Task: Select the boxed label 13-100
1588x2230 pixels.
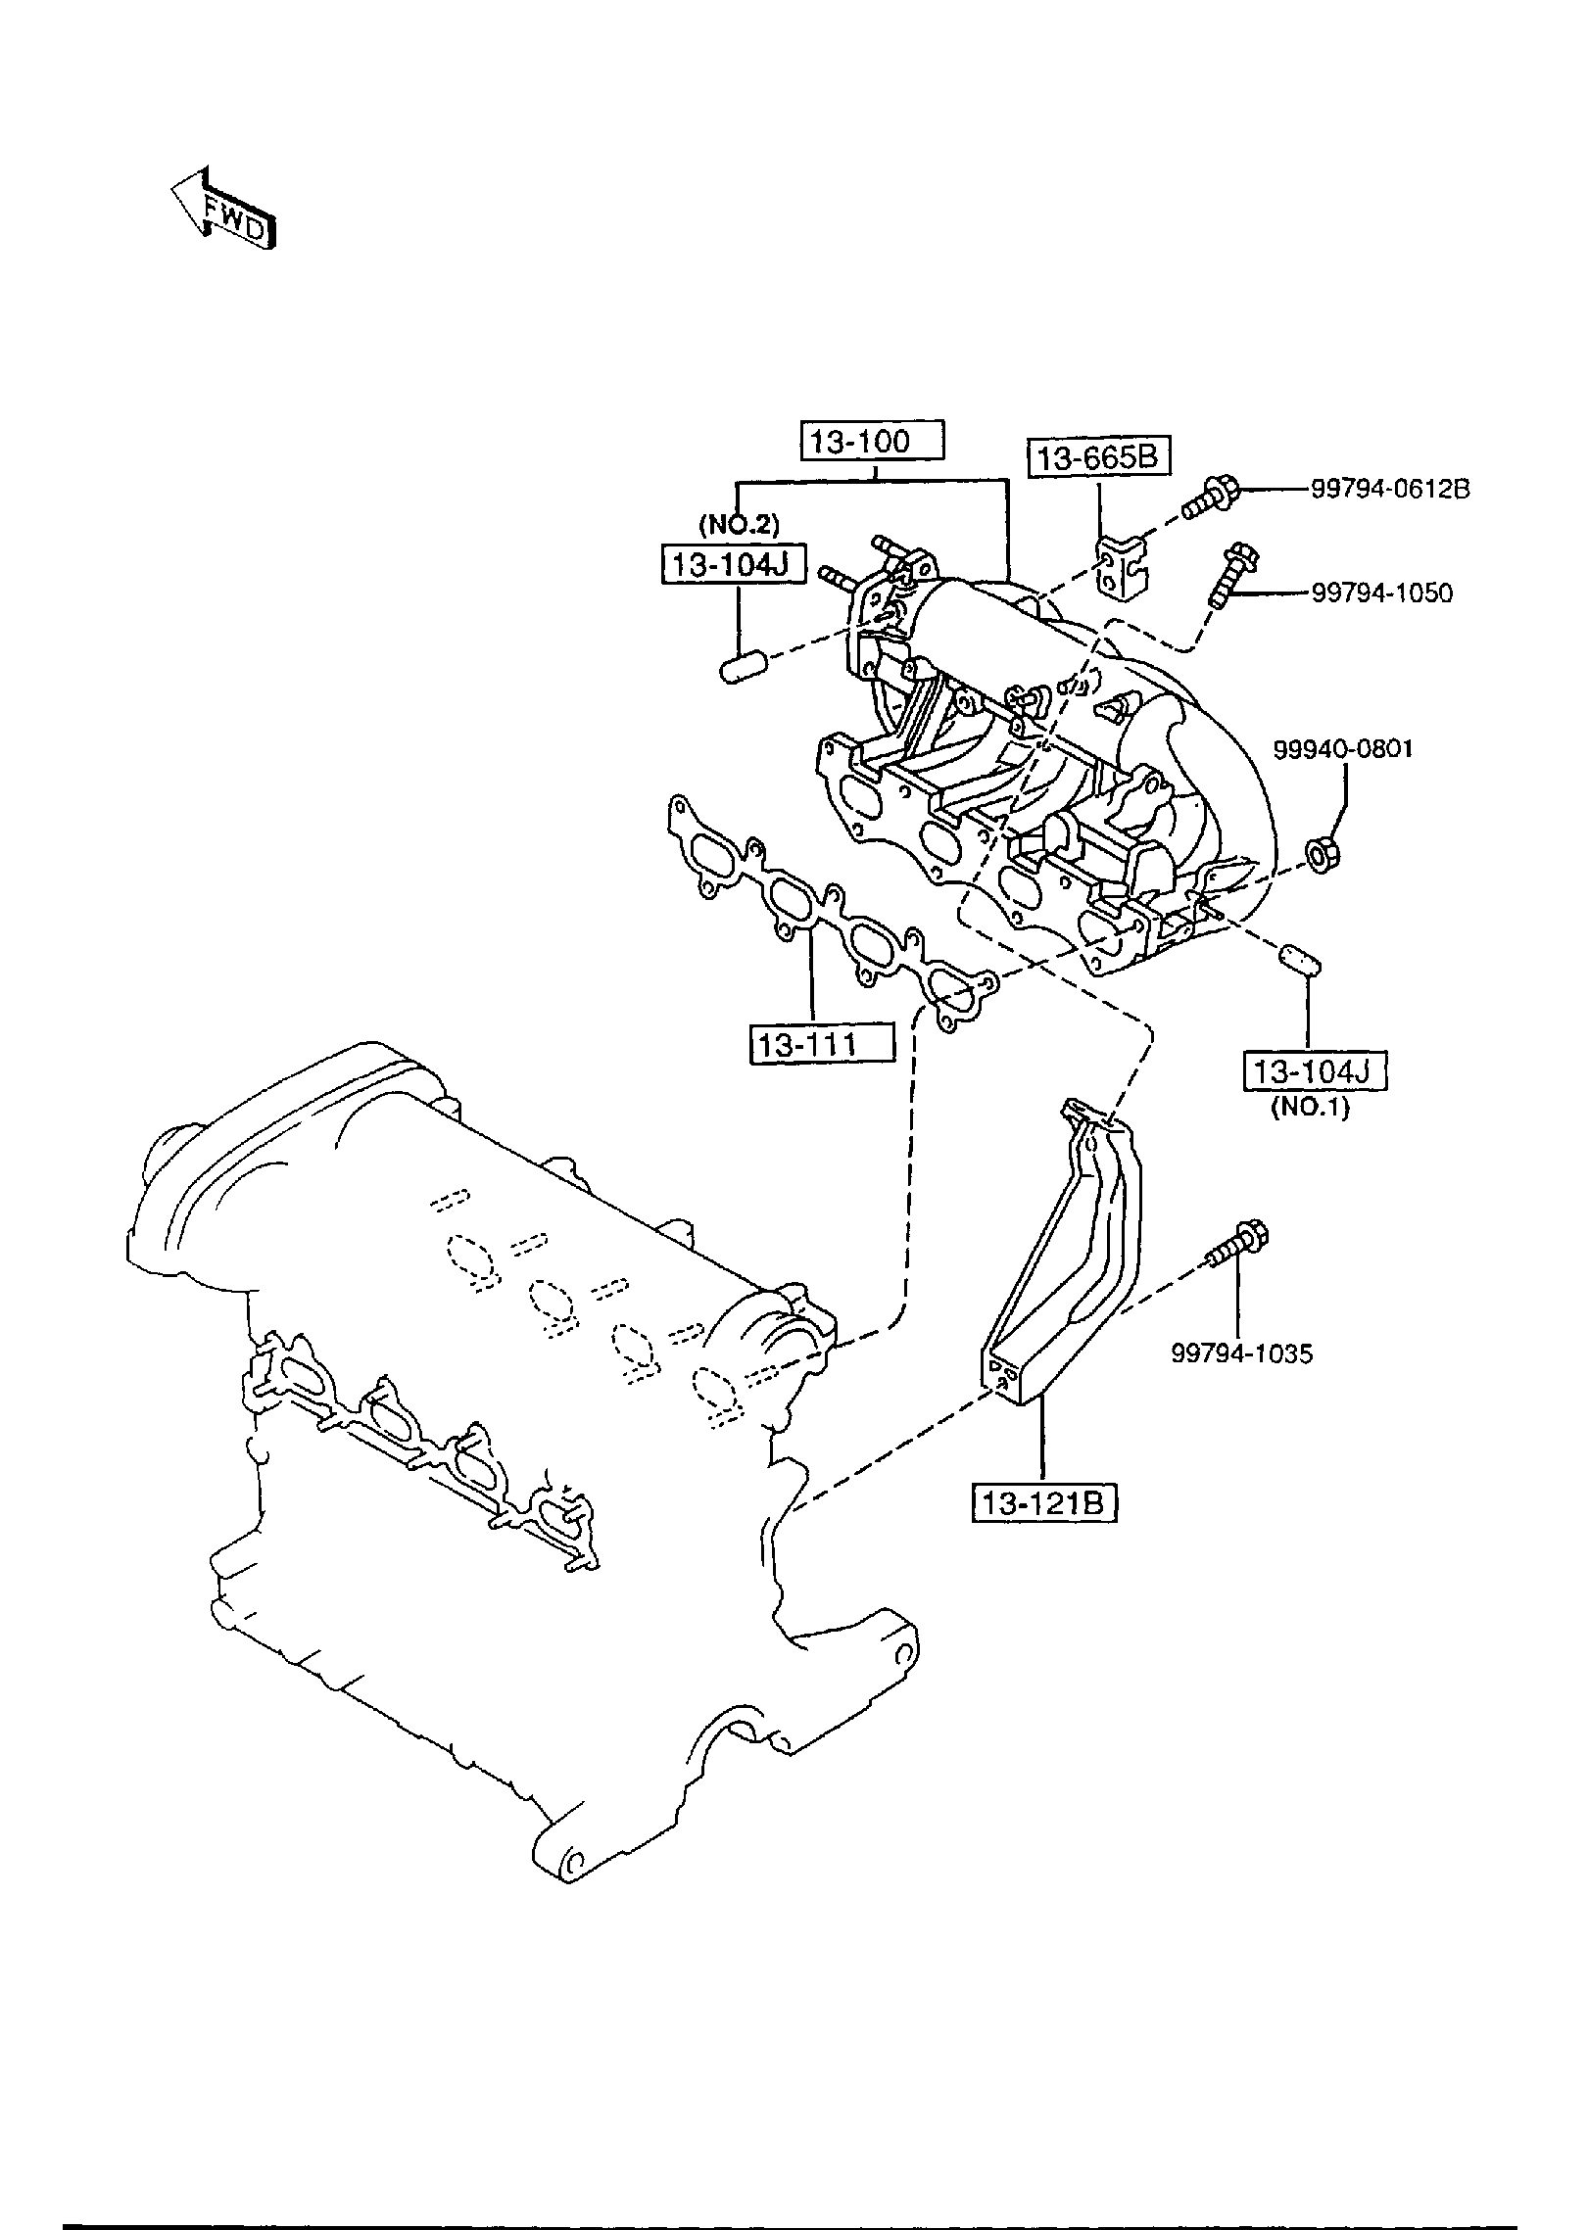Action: click(x=873, y=442)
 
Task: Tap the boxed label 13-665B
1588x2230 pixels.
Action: click(x=1099, y=458)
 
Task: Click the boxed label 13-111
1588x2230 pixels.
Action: click(x=821, y=1044)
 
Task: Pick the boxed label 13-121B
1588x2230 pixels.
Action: click(x=1044, y=1531)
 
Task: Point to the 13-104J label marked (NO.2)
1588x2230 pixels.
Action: click(x=734, y=565)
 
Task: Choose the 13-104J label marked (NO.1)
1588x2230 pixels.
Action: click(x=1315, y=1071)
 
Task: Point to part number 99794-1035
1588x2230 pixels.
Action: click(x=1242, y=1353)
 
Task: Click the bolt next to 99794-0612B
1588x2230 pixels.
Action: click(x=1211, y=497)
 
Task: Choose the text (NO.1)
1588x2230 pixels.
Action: click(x=1310, y=1111)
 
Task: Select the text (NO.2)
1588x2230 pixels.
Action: click(x=739, y=525)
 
